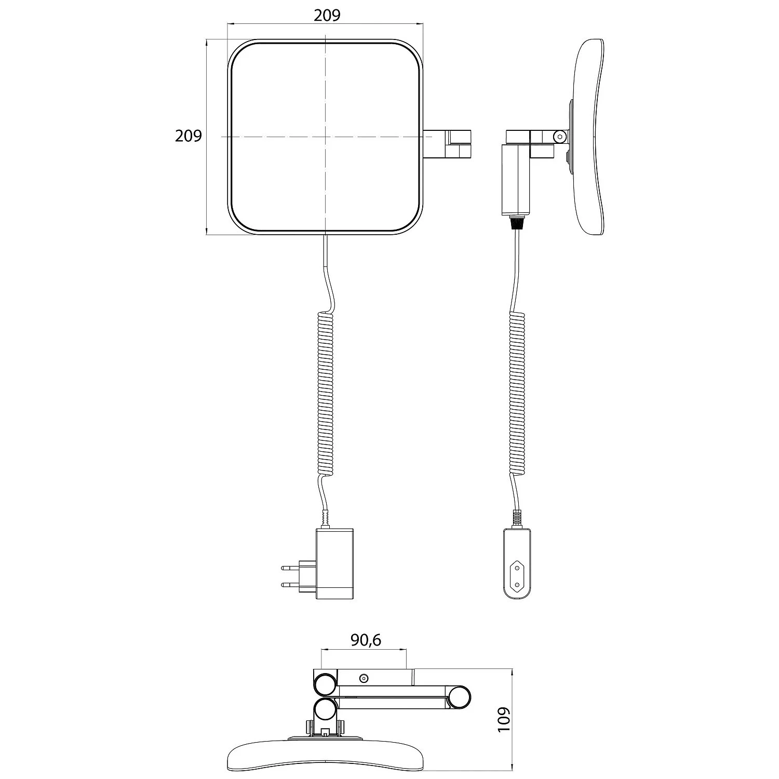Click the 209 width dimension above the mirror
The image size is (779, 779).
pos(327,16)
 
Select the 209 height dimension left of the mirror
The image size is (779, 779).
pos(188,136)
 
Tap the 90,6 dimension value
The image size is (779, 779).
pos(366,640)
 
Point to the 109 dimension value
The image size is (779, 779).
pos(504,719)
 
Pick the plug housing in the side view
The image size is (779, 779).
pos(517,563)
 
